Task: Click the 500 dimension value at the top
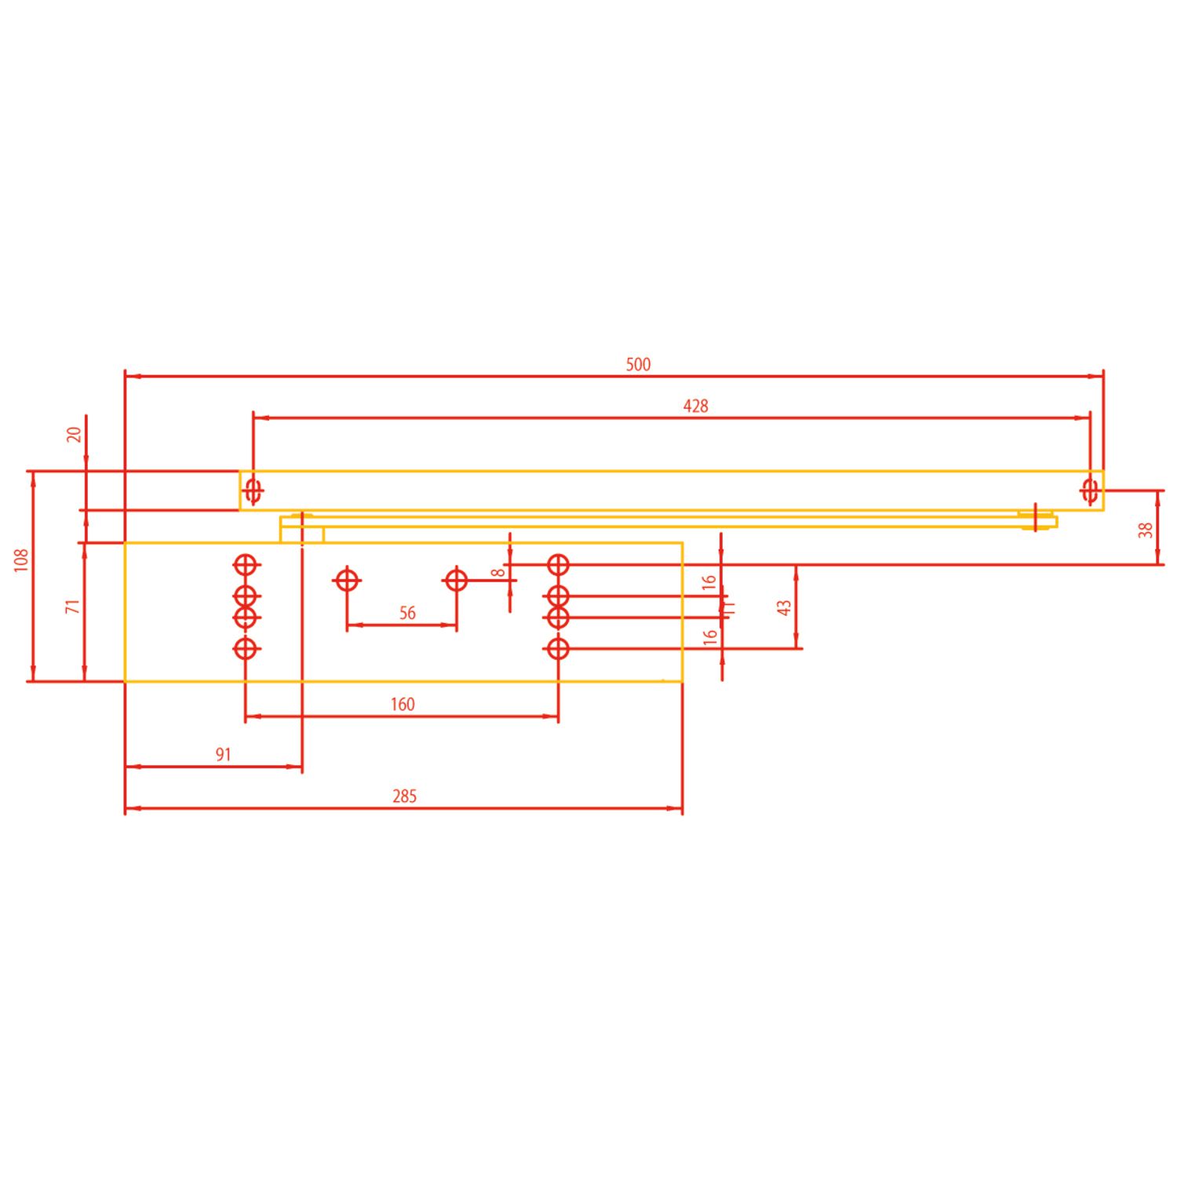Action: tap(638, 364)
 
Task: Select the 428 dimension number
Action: tap(695, 406)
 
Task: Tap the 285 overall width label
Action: tap(404, 796)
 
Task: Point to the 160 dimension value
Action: tap(403, 705)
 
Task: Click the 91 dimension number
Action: tap(224, 755)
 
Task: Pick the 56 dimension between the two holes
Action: tap(407, 613)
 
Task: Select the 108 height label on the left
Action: tap(21, 559)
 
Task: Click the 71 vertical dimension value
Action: tap(73, 606)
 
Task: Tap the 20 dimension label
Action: tap(74, 434)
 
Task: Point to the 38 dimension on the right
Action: tap(1146, 530)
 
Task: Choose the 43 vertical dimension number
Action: tap(784, 607)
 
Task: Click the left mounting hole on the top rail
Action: tap(253, 491)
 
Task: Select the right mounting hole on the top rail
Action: tap(1089, 490)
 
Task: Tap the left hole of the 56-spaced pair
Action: tap(347, 581)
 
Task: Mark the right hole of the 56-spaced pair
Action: tap(456, 581)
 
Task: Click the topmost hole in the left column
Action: tap(246, 564)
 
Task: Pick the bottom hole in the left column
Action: tap(246, 649)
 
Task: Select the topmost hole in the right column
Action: tap(558, 564)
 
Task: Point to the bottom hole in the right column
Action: tap(558, 649)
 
